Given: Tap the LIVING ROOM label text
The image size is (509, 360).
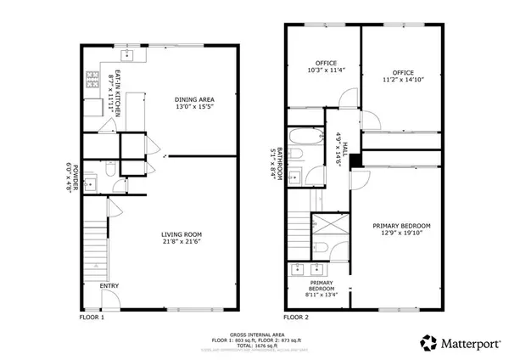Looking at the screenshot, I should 182,233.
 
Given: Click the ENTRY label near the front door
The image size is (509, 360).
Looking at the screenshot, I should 109,286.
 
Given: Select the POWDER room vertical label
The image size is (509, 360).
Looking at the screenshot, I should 76,180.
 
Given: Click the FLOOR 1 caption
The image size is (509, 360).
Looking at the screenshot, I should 92,317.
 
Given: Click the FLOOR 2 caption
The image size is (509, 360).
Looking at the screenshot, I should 295,317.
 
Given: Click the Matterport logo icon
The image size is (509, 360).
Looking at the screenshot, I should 428,342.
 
